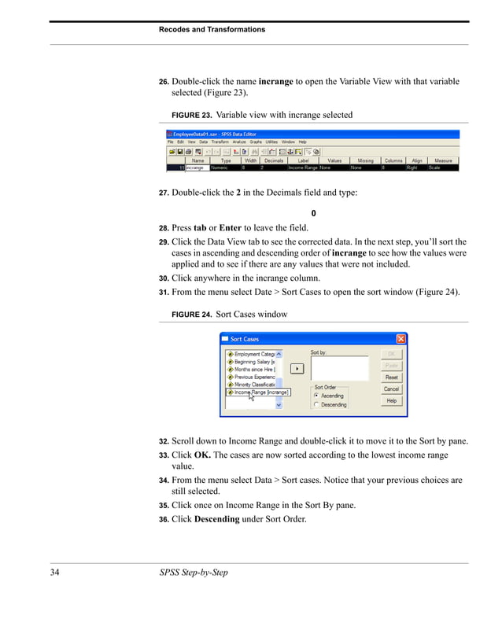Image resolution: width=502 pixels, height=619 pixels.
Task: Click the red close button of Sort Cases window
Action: click(400, 339)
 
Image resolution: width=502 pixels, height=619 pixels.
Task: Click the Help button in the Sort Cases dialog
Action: click(391, 400)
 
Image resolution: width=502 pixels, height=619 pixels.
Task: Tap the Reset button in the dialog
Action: click(391, 377)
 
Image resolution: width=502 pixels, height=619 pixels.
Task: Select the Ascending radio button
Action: click(316, 396)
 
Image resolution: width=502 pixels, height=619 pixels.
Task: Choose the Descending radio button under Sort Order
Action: click(316, 404)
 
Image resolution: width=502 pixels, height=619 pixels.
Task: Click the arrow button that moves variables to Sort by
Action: click(297, 367)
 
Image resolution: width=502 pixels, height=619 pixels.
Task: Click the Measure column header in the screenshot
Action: click(443, 160)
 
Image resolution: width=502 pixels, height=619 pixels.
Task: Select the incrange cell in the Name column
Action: click(197, 168)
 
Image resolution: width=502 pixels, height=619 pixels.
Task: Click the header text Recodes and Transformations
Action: click(212, 29)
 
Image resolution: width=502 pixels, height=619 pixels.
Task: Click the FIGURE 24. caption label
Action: click(191, 315)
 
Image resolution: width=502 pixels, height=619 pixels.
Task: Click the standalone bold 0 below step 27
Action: click(313, 214)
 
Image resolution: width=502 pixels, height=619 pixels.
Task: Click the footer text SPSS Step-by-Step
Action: click(193, 572)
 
